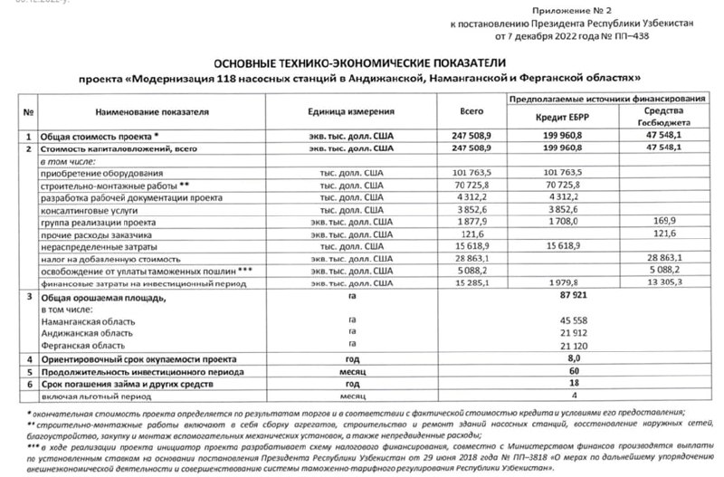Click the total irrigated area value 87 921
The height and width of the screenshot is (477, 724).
tap(555, 296)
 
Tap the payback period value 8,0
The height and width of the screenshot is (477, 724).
tap(556, 359)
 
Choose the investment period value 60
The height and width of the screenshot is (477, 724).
tap(556, 371)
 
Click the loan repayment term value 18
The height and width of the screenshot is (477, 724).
tap(556, 384)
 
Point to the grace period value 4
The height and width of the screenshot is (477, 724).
tap(556, 396)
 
